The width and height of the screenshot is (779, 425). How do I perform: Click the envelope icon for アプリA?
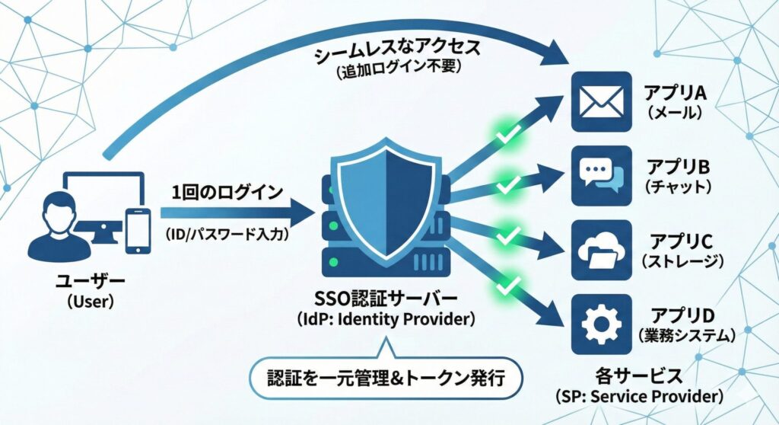click(601, 102)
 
